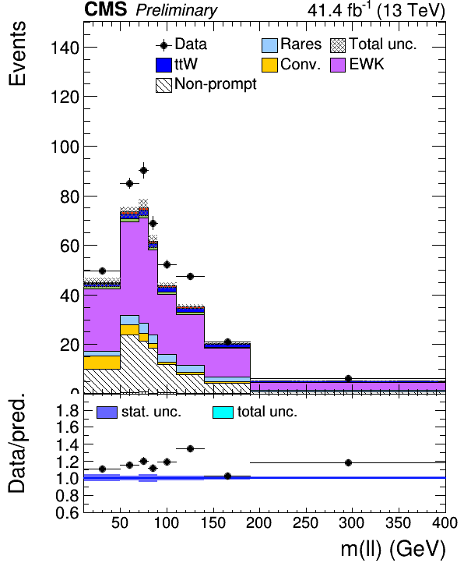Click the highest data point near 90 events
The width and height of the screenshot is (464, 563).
[x=143, y=170]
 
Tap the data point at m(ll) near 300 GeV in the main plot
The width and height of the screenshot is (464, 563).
[x=348, y=378]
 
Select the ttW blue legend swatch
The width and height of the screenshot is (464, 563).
[x=163, y=65]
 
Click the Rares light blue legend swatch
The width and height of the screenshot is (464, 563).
[x=269, y=45]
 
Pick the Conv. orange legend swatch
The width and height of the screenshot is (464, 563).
[x=269, y=65]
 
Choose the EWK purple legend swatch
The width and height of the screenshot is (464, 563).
[x=338, y=65]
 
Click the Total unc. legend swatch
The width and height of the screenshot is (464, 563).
[x=338, y=45]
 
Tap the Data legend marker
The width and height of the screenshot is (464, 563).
[x=163, y=45]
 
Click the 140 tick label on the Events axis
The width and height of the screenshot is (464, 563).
[x=65, y=48]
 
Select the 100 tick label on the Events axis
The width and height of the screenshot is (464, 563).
[x=65, y=147]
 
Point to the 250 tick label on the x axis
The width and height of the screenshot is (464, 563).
[x=305, y=522]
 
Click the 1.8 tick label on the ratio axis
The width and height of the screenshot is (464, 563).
[x=68, y=410]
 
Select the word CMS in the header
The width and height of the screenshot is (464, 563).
[x=105, y=9]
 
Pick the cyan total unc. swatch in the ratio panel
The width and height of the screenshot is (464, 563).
[x=223, y=413]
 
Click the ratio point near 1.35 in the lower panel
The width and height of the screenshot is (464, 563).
[x=191, y=449]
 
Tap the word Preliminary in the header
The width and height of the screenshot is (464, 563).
[x=177, y=10]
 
